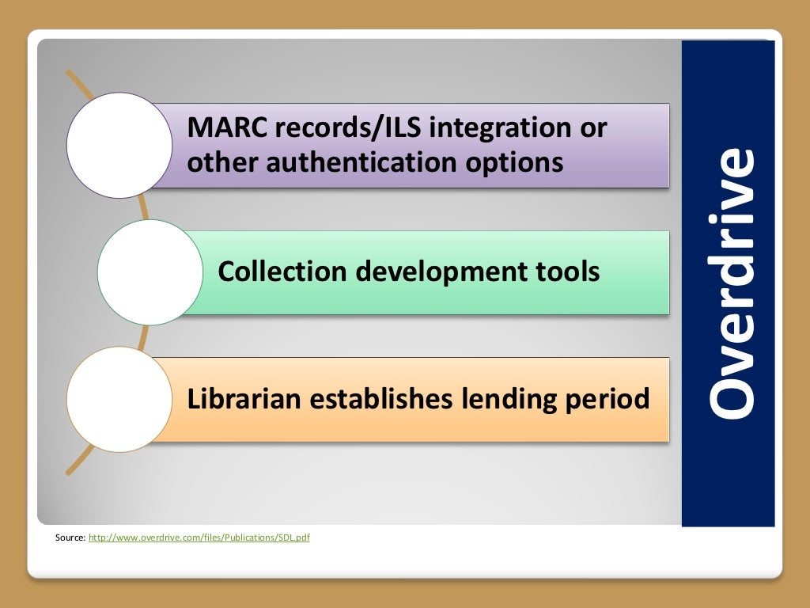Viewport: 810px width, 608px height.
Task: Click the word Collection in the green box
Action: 282,272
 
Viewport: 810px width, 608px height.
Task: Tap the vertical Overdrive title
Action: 729,283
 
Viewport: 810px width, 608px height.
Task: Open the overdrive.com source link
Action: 199,538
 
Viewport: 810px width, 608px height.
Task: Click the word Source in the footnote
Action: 70,538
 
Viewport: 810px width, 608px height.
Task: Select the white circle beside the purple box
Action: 119,145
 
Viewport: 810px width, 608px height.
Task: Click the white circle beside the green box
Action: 150,272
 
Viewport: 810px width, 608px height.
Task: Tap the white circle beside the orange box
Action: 119,398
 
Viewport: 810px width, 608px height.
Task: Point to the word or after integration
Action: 592,127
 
